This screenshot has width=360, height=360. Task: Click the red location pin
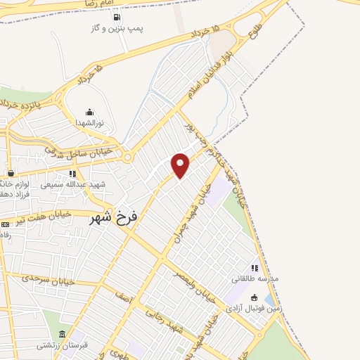(181, 165)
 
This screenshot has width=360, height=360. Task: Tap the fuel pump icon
(117, 18)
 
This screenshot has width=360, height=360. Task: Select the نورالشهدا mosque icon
(89, 112)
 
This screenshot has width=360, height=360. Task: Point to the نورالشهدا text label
(89, 122)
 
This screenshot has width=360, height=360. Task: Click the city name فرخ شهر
(115, 218)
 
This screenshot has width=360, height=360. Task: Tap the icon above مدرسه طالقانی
(255, 268)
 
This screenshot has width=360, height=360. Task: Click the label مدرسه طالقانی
(255, 278)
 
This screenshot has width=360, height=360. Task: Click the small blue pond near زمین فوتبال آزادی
(271, 300)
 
